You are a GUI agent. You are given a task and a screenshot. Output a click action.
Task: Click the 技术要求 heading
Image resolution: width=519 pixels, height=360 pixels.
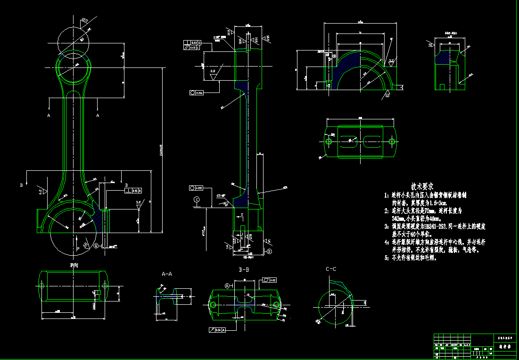point(422,186)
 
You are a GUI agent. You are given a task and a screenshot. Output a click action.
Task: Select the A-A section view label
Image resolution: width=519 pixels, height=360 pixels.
point(167,274)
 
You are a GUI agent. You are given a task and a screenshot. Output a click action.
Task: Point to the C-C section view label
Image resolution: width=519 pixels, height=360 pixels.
point(331,269)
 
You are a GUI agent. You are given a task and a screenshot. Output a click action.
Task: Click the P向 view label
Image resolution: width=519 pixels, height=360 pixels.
point(74,265)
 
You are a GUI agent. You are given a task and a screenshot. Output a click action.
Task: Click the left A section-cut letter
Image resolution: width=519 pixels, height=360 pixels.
point(49,115)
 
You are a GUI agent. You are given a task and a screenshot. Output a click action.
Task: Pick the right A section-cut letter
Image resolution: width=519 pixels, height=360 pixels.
point(98,115)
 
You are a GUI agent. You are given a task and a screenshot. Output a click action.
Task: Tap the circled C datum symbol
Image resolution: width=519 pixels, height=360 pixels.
point(197,199)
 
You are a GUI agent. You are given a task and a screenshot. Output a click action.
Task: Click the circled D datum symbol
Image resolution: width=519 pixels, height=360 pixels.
point(269,251)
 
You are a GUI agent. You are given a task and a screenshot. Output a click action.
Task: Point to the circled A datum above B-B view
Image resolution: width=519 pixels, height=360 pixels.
point(226,286)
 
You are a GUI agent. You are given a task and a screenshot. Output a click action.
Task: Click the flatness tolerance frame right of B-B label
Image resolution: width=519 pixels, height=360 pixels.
point(270,280)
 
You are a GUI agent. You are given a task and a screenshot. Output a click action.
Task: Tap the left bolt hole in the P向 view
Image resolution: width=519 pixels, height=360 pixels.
point(41,286)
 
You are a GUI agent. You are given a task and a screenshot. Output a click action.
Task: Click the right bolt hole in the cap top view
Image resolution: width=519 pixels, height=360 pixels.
point(391,142)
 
